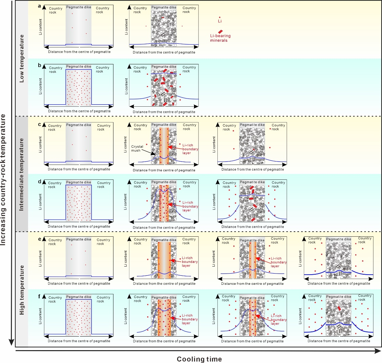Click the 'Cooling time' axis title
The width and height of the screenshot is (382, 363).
coord(199,359)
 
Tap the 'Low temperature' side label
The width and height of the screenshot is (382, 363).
coord(22,58)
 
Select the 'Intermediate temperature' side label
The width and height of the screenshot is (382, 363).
coord(22,174)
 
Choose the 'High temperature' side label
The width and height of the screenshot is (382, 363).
coord(22,290)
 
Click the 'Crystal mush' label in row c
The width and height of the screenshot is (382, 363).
coord(137,148)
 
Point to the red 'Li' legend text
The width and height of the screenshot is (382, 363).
coord(220,21)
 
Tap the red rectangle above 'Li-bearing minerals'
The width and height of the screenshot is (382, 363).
coord(220,31)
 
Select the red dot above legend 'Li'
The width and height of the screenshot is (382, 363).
coord(220,17)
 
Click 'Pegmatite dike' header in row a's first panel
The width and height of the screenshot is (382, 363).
coord(79,7)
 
